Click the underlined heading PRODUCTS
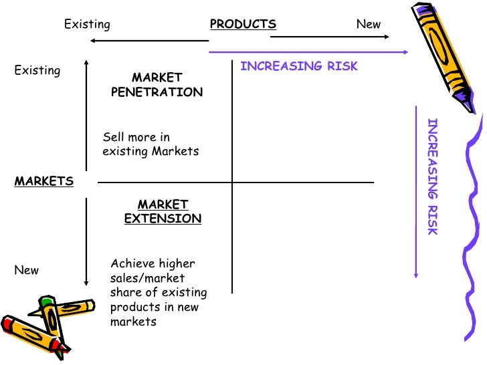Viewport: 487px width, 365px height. [x=243, y=25]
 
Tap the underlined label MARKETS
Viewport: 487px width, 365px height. [x=44, y=181]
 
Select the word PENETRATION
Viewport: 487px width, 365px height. [x=157, y=92]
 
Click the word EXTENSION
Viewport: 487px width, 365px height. [x=163, y=219]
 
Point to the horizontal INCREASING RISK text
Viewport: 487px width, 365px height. [x=299, y=66]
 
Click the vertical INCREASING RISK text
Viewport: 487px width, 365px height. [x=432, y=176]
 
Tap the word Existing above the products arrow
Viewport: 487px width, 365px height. [x=87, y=25]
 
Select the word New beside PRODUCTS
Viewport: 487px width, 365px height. [x=368, y=25]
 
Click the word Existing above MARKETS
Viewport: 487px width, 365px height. [x=37, y=70]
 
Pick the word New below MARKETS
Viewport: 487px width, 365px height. [x=27, y=271]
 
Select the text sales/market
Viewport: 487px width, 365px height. [x=147, y=278]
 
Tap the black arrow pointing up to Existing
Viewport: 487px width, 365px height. [x=86, y=114]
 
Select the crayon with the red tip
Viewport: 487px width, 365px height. [x=33, y=334]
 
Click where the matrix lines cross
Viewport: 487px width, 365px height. [x=232, y=182]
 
